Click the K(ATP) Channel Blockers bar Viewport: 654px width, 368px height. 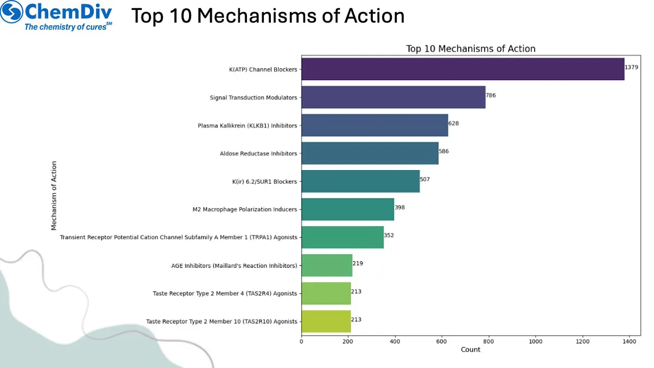463,69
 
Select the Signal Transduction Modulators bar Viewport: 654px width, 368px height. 393,98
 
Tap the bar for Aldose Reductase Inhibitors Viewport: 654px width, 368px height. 370,153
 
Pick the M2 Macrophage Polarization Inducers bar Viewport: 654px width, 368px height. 347,209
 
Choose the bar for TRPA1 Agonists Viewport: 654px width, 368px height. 342,237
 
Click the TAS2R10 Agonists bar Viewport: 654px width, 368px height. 326,321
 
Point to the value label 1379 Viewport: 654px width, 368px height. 632,67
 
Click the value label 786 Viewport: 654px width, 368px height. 491,95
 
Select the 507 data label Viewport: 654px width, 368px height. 425,179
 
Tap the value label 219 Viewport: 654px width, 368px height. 358,263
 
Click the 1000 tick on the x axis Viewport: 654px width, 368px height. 536,341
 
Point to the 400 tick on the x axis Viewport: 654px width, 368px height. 395,341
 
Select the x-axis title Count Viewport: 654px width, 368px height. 470,349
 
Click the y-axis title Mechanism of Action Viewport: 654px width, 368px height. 54,195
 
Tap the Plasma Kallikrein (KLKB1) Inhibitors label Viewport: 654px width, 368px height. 247,126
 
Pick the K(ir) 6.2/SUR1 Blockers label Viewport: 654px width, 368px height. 264,182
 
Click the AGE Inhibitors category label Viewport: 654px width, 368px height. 234,266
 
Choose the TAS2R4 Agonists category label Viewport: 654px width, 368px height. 225,293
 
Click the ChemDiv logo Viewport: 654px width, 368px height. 57,16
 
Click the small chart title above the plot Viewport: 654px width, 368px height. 470,49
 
